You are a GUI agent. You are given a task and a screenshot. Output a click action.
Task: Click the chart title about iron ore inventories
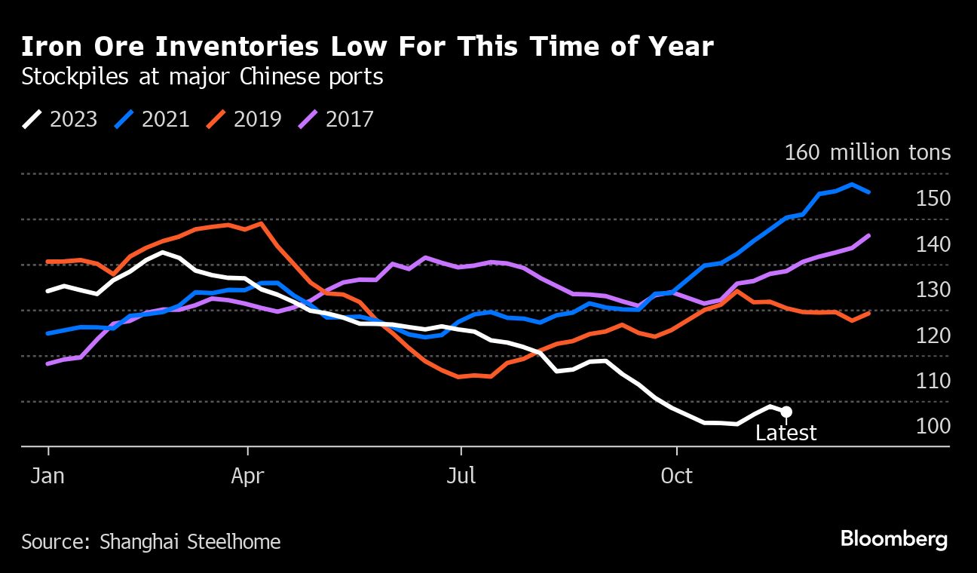pos(367,47)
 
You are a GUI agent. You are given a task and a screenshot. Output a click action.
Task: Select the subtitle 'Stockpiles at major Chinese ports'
pos(202,77)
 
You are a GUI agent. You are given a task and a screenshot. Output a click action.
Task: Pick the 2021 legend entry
pos(152,119)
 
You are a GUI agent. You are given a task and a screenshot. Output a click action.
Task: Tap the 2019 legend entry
pos(244,119)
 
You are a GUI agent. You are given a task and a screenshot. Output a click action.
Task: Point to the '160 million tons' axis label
pos(867,153)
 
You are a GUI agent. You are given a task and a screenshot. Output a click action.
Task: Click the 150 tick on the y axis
pos(933,198)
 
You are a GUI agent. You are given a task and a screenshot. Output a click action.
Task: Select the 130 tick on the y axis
pos(933,290)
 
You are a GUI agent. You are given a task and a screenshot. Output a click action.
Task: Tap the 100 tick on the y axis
pos(933,426)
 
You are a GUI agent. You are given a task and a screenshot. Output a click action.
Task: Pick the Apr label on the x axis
pos(247,477)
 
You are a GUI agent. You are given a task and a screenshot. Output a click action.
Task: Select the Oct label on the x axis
pos(676,477)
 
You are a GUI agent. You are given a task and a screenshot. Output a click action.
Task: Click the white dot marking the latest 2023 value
pos(786,412)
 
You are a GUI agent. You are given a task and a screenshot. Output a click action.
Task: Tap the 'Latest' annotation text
pos(786,434)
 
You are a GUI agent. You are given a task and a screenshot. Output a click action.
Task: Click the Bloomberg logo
pos(894,540)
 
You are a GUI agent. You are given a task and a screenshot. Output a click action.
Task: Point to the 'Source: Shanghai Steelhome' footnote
pos(151,541)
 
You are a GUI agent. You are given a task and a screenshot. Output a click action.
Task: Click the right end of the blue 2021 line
pos(869,192)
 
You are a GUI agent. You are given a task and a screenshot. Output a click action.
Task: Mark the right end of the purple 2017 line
pos(869,235)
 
